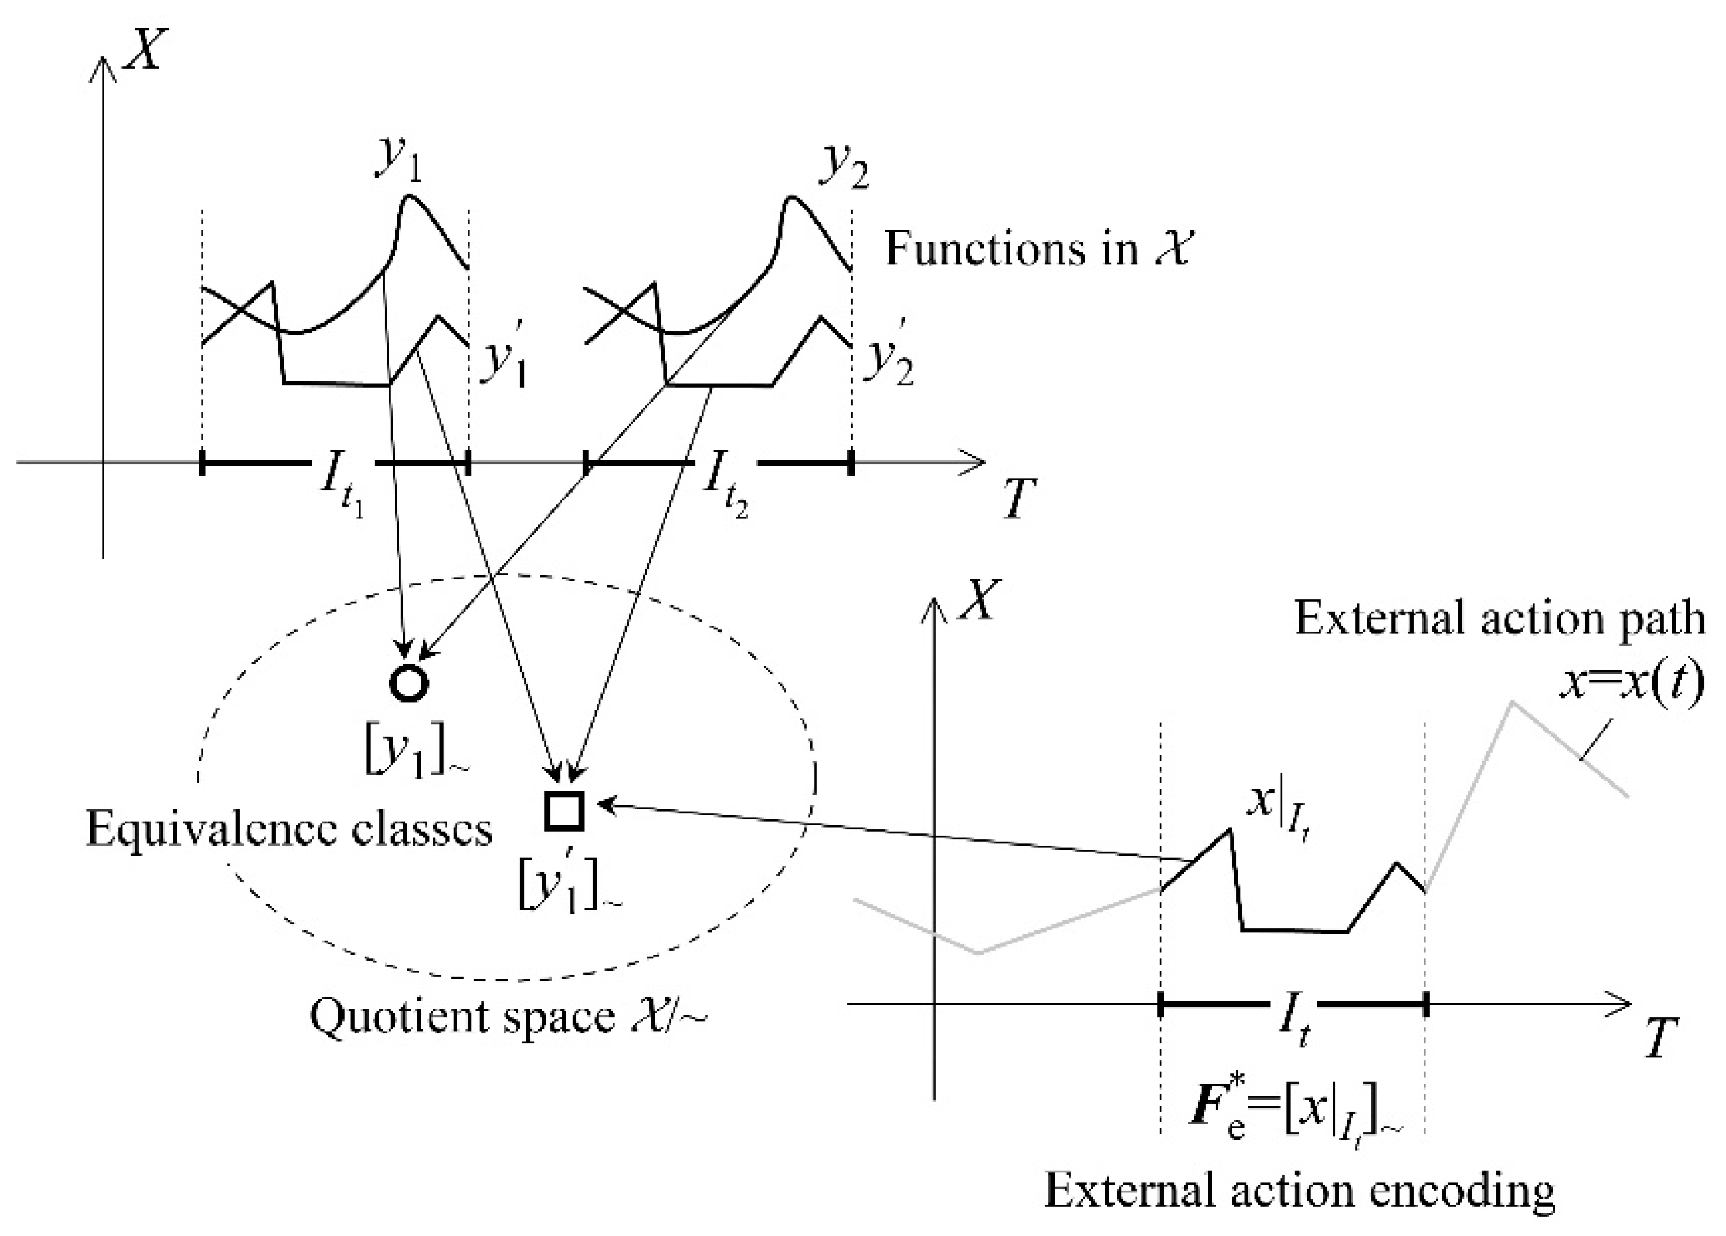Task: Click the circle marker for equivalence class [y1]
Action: coord(409,682)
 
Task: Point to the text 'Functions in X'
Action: coord(1037,249)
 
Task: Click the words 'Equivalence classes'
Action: coord(289,829)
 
